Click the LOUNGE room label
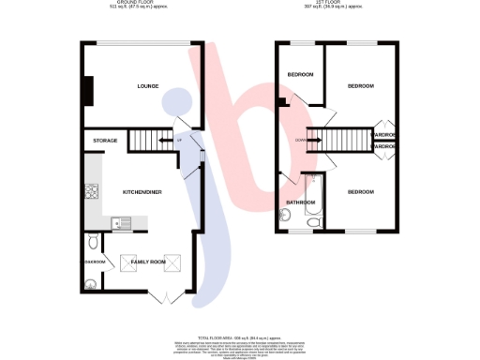pos(147,86)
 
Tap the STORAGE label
pos(105,141)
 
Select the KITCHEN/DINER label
pos(142,191)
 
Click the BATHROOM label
pos(300,202)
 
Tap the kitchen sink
pos(120,222)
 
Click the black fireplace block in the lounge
pos(88,91)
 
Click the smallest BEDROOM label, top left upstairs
pos(300,75)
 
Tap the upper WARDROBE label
pos(385,135)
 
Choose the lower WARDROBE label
pos(385,147)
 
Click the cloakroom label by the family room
pos(95,262)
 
